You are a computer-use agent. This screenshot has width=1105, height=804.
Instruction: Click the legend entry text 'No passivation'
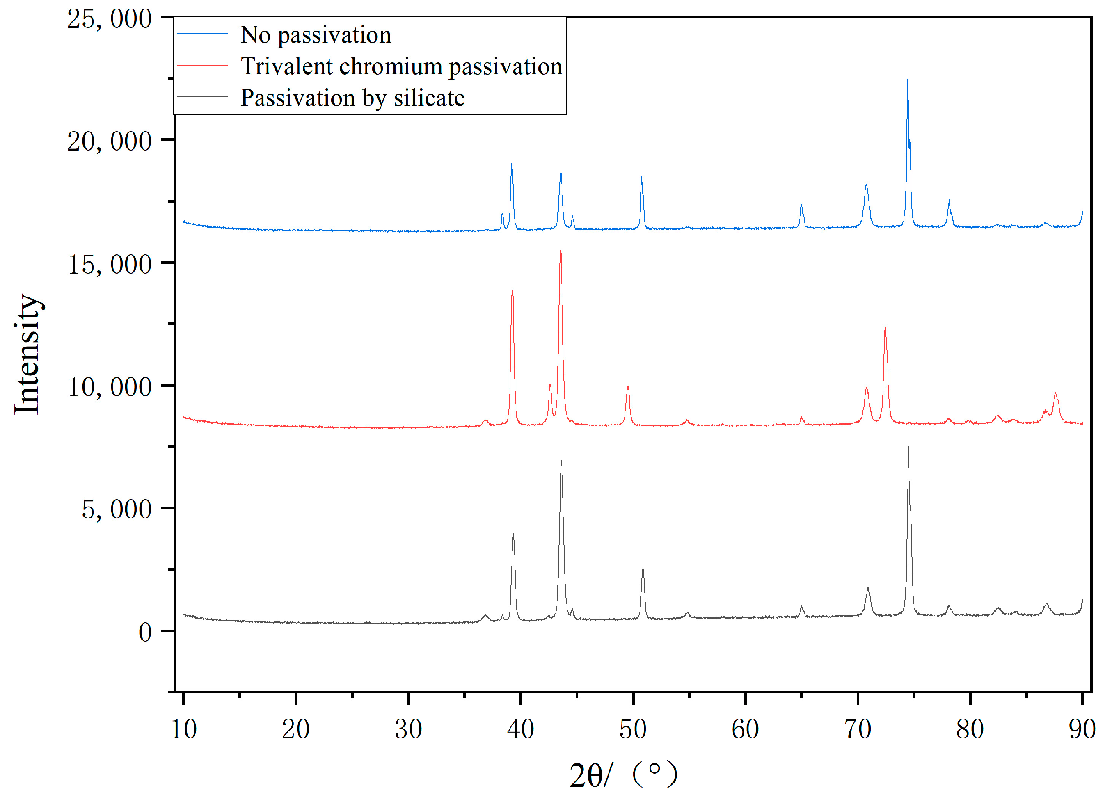tap(316, 35)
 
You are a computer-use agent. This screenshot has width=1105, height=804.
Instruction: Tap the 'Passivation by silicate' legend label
tap(353, 98)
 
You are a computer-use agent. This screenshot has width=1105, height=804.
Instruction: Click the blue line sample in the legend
tap(202, 34)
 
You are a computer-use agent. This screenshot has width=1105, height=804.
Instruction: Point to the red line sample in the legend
tap(202, 65)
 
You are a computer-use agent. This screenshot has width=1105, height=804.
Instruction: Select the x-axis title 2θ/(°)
tap(623, 775)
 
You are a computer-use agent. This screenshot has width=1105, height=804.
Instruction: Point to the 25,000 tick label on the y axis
tap(110, 19)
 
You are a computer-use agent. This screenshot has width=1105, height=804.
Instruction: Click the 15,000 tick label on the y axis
tap(110, 265)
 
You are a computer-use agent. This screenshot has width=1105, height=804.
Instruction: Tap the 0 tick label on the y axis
tap(145, 633)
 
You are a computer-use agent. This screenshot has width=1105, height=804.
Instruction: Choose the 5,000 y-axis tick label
tap(117, 510)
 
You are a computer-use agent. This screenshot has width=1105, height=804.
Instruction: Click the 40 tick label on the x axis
tap(520, 729)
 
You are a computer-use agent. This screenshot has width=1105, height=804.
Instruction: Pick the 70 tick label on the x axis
tap(858, 729)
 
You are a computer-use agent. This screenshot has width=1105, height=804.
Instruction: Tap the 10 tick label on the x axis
tap(184, 729)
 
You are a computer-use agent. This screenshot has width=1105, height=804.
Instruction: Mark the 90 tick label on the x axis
tap(1082, 729)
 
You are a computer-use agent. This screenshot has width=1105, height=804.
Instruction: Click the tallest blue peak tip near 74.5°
tap(907, 80)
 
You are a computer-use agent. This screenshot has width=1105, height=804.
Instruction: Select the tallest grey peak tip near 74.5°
tap(908, 447)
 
